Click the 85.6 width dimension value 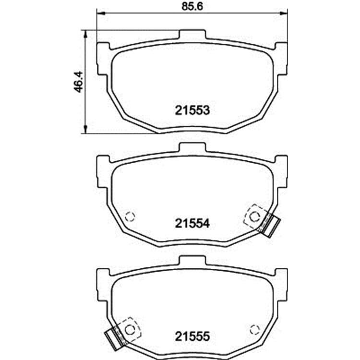tap(192, 6)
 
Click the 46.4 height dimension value tap(79, 82)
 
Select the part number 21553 tap(192, 110)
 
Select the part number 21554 tap(192, 223)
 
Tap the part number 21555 tap(192, 336)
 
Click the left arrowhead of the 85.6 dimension tap(101, 13)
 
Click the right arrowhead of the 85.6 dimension tap(283, 13)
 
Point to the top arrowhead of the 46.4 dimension tap(85, 35)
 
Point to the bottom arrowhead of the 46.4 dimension tap(85, 129)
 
